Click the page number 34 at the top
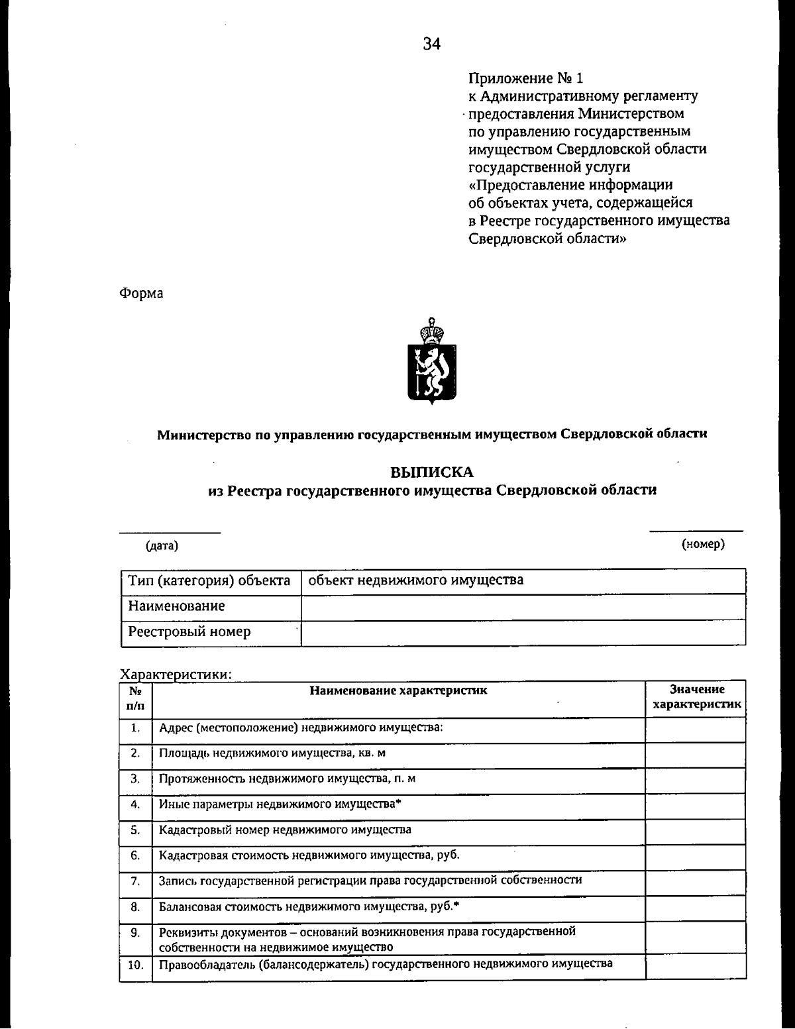(432, 44)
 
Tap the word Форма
(141, 293)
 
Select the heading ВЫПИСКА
(432, 472)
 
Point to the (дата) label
(162, 545)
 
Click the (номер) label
(703, 544)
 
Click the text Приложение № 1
(526, 78)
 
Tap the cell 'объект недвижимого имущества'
(416, 580)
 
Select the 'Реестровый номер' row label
(189, 631)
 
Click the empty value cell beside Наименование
(523, 606)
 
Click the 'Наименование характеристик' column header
(398, 690)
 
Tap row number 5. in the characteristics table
(135, 830)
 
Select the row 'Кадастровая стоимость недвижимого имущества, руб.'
(309, 855)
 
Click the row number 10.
(135, 965)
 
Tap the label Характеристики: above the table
(176, 675)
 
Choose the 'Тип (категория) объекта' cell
(209, 580)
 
